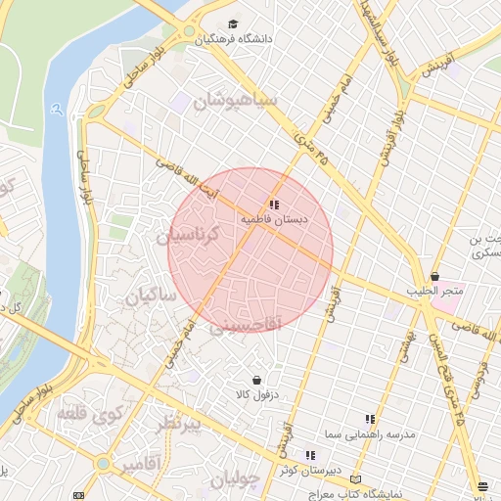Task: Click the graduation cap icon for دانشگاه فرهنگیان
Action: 233,24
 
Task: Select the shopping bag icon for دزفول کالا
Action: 256,379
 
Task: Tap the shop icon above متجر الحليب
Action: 434,276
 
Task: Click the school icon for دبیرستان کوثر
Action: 310,455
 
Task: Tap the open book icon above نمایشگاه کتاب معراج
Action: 355,480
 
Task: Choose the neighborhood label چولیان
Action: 237,479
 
